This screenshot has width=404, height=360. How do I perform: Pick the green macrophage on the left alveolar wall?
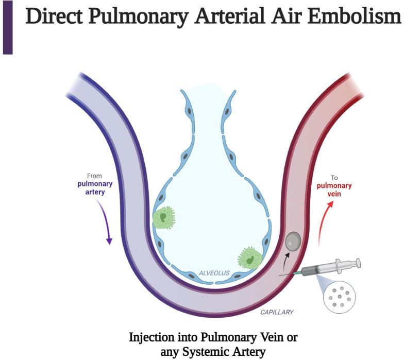click(x=164, y=217)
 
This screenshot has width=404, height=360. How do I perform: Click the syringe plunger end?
click(x=356, y=264)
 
